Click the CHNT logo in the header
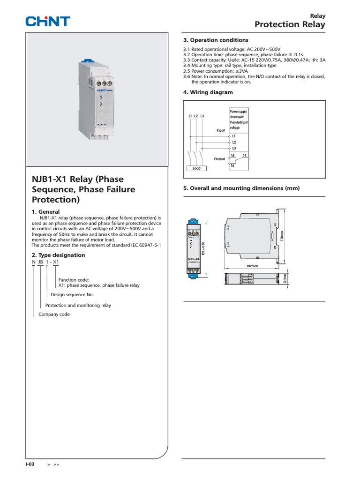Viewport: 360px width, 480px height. (47, 21)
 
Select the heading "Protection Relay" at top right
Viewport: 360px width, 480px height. (290, 24)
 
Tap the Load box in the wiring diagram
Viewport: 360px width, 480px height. (196, 168)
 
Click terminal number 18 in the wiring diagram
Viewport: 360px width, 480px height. (232, 155)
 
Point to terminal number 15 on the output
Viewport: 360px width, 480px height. (244, 155)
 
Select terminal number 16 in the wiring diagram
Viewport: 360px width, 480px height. (232, 166)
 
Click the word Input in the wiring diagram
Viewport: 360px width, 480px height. (220, 130)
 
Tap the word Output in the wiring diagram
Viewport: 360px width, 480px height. (219, 159)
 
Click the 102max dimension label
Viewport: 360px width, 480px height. (253, 266)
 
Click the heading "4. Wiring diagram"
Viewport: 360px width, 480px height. (208, 92)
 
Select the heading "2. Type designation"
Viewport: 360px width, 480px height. (58, 255)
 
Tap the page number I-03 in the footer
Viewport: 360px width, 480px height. (30, 464)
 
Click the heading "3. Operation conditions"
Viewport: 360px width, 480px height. (216, 40)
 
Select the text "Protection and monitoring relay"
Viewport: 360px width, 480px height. (78, 305)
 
